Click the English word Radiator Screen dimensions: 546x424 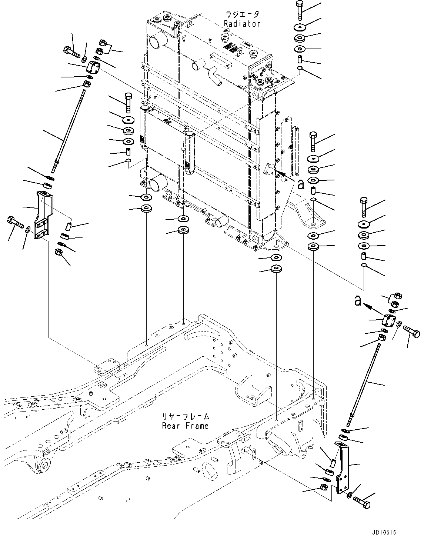coord(242,24)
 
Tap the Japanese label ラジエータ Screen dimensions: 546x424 coord(242,14)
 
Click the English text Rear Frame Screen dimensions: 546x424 coord(185,426)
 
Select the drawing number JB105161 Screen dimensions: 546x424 coord(385,533)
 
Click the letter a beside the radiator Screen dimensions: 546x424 coord(301,184)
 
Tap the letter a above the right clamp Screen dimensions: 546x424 coord(357,301)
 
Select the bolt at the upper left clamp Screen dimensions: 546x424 coord(72,51)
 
